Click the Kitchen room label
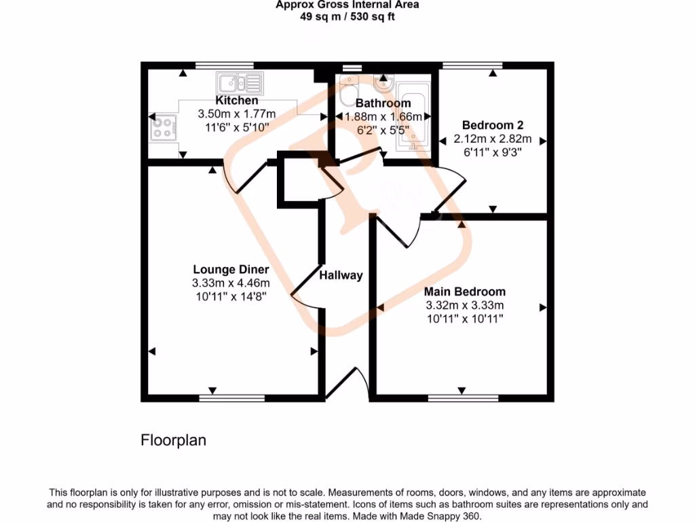(237, 101)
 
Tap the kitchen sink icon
(239, 84)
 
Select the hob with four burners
(162, 127)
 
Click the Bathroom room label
(383, 103)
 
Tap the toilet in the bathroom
(349, 88)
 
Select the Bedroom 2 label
(492, 125)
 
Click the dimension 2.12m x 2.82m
(492, 139)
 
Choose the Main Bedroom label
(465, 292)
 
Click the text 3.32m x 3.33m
(465, 305)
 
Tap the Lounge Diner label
(230, 269)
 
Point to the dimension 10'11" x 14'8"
(230, 296)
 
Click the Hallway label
(341, 275)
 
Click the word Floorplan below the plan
(173, 440)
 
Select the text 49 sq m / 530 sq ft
(347, 16)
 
